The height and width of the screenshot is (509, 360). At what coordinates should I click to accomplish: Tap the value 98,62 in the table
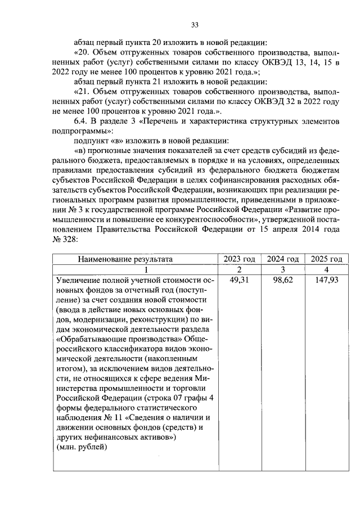[x=283, y=280]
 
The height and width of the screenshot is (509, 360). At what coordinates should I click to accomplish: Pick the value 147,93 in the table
[x=326, y=280]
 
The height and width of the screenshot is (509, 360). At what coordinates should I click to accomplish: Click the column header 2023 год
[x=239, y=259]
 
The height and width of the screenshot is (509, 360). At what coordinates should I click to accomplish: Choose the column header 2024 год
[x=282, y=259]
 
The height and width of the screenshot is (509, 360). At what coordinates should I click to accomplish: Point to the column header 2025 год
[x=326, y=259]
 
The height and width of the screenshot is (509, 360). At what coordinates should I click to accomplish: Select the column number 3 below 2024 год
[x=282, y=269]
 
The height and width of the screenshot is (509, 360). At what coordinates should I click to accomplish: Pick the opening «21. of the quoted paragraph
[x=84, y=92]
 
